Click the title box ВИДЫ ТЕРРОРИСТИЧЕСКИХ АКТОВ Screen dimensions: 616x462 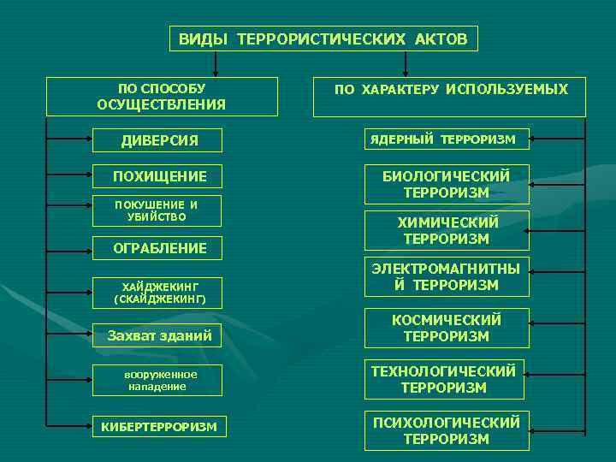pyautogui.click(x=323, y=39)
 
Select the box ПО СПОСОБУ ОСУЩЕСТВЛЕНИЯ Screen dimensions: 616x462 pyautogui.click(x=162, y=97)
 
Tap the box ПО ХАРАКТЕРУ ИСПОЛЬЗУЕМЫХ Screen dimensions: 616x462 pyautogui.click(x=450, y=97)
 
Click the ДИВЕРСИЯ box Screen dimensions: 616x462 pyautogui.click(x=157, y=140)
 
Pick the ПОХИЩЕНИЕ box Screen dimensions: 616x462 pyautogui.click(x=159, y=176)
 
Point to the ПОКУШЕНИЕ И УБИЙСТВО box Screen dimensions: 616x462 pyautogui.click(x=156, y=211)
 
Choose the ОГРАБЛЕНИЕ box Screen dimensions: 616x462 pyautogui.click(x=159, y=248)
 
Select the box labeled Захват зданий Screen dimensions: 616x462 pyautogui.click(x=159, y=336)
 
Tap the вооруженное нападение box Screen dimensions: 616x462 pyautogui.click(x=159, y=381)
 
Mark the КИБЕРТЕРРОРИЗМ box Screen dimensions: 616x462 pyautogui.click(x=159, y=426)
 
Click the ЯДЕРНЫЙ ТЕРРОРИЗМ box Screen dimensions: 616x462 pyautogui.click(x=447, y=139)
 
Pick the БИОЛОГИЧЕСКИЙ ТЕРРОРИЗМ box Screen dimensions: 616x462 pyautogui.click(x=447, y=184)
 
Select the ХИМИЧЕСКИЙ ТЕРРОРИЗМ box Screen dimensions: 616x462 pyautogui.click(x=447, y=230)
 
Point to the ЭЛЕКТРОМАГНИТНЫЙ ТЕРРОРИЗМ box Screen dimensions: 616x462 pyautogui.click(x=447, y=276)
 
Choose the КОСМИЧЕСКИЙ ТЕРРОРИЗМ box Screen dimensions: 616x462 pyautogui.click(x=447, y=329)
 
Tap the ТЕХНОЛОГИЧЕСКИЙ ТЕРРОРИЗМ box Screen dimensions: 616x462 pyautogui.click(x=444, y=379)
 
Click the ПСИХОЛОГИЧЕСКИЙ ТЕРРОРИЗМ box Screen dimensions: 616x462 pyautogui.click(x=447, y=430)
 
